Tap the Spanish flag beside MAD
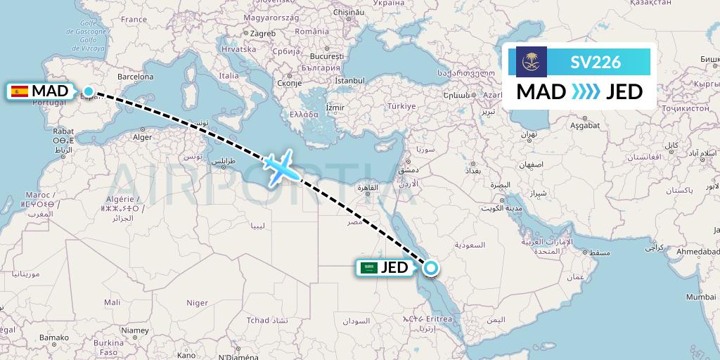coord(20,91)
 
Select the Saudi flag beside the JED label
coord(368,267)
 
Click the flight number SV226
coord(596,62)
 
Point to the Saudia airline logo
coord(531,62)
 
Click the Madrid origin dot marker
coord(89,91)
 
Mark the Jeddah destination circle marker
coord(430,267)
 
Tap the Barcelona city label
coord(136,76)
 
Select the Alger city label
coord(143,138)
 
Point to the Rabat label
coord(63,131)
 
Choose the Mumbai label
coord(702,297)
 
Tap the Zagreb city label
coord(262,32)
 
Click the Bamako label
coord(53,338)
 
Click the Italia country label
coord(229,75)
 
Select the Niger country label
coord(197,302)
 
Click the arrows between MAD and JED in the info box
coord(586,91)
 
